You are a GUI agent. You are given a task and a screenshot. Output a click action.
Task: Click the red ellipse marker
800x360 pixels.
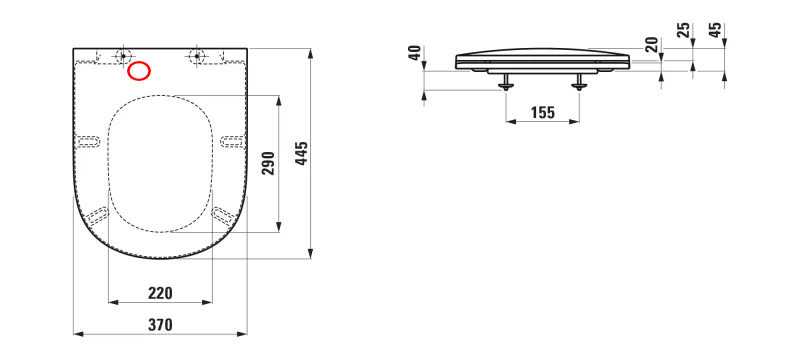tap(139, 71)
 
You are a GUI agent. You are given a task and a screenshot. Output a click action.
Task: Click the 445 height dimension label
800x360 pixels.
tap(303, 153)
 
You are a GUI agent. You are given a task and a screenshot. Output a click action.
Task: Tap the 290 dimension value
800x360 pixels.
tap(269, 163)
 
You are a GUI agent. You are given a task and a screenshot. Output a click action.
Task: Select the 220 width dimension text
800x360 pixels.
tap(160, 293)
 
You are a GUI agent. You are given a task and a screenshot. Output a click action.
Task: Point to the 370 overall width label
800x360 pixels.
tap(160, 325)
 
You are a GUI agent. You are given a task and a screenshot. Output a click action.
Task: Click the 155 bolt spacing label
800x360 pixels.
tap(542, 113)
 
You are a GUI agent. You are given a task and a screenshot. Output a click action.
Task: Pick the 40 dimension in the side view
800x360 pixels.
tap(415, 53)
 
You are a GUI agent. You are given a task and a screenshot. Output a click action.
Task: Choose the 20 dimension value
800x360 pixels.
tap(652, 44)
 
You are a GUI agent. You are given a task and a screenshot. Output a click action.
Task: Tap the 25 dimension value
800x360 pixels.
tap(684, 30)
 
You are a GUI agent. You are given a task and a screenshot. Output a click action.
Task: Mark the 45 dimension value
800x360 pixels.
tap(716, 30)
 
